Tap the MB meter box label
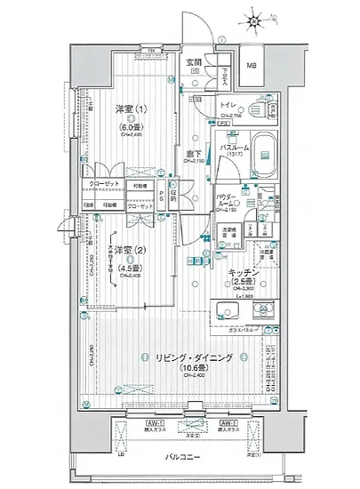(x=252, y=65)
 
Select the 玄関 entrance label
(x=196, y=62)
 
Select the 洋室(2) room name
(x=121, y=249)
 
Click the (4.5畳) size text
(x=122, y=262)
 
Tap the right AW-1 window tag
(x=228, y=422)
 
